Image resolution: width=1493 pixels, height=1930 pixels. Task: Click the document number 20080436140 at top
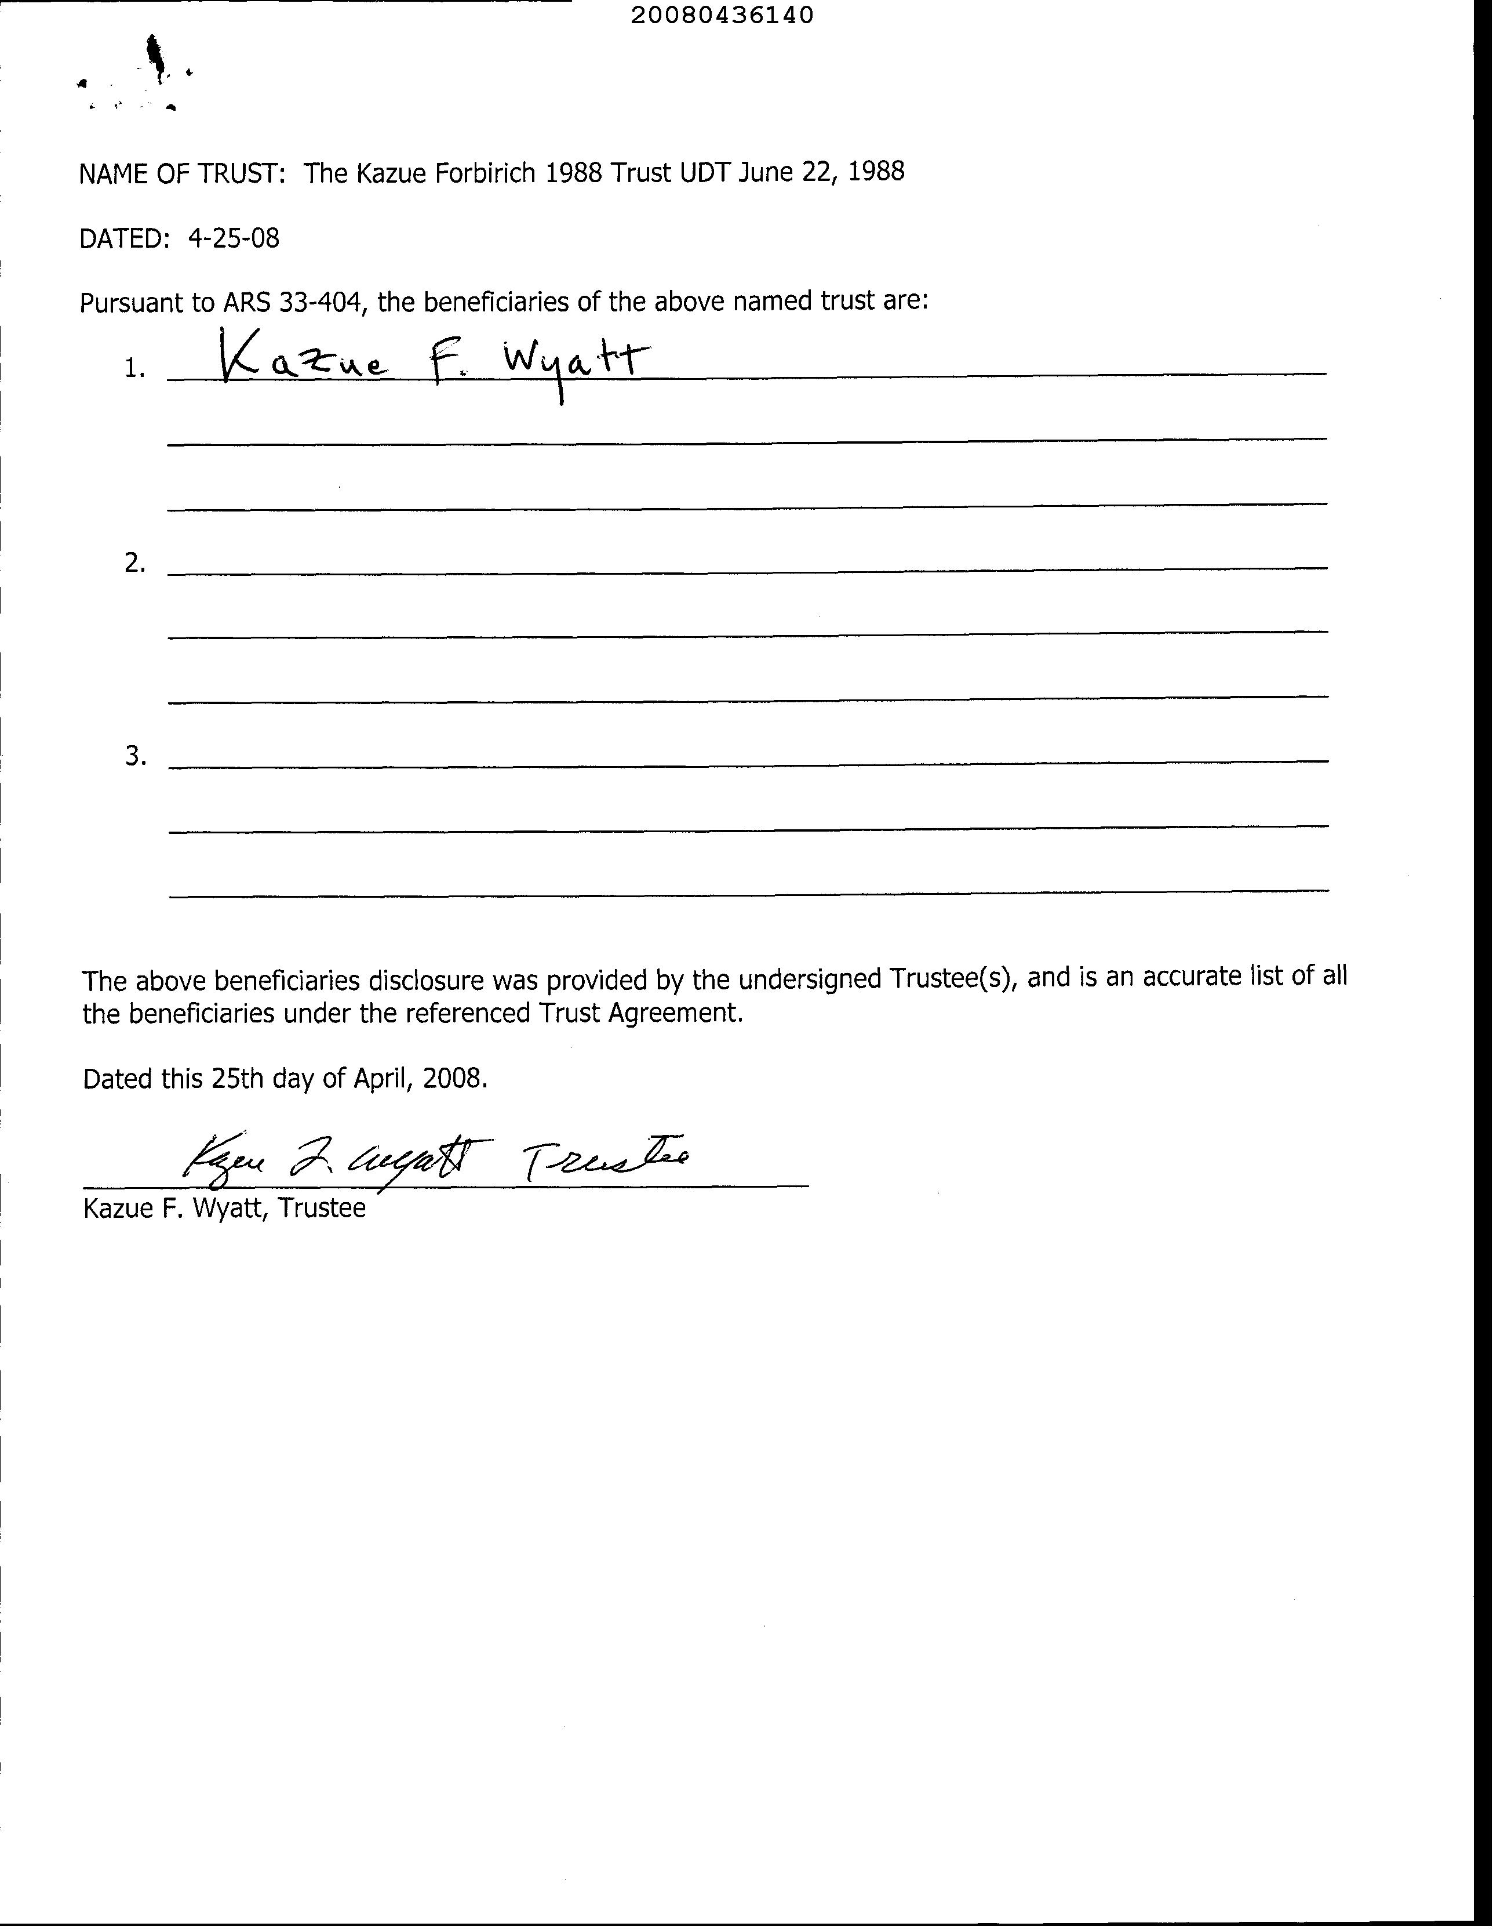pyautogui.click(x=722, y=15)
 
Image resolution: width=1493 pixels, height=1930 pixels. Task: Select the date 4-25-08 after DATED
pyautogui.click(x=233, y=238)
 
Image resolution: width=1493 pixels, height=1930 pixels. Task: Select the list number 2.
pyautogui.click(x=134, y=563)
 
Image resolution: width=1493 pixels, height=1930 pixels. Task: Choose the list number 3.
pyautogui.click(x=134, y=756)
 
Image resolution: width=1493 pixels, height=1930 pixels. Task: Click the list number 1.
pyautogui.click(x=134, y=368)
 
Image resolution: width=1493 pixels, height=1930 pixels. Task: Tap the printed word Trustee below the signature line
pyautogui.click(x=322, y=1208)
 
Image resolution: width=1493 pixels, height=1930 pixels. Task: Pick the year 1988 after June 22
pyautogui.click(x=875, y=172)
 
